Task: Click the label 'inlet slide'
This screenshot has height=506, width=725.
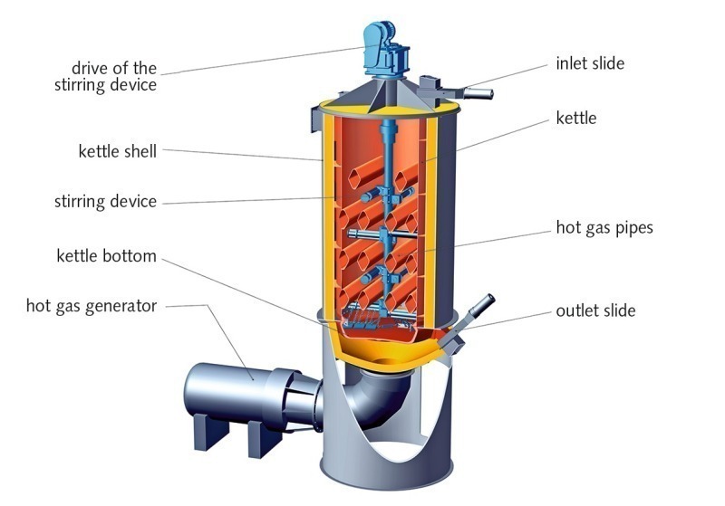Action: click(590, 64)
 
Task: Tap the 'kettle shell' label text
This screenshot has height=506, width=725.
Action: click(117, 151)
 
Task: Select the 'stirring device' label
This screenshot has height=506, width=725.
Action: click(105, 201)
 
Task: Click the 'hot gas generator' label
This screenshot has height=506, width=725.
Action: click(92, 305)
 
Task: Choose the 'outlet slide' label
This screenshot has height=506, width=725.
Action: click(595, 310)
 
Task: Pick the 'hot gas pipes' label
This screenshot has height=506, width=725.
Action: click(604, 227)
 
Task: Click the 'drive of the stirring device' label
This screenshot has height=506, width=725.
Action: click(114, 77)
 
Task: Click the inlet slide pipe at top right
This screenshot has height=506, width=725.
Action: click(476, 92)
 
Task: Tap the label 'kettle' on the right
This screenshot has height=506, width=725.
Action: click(576, 118)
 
